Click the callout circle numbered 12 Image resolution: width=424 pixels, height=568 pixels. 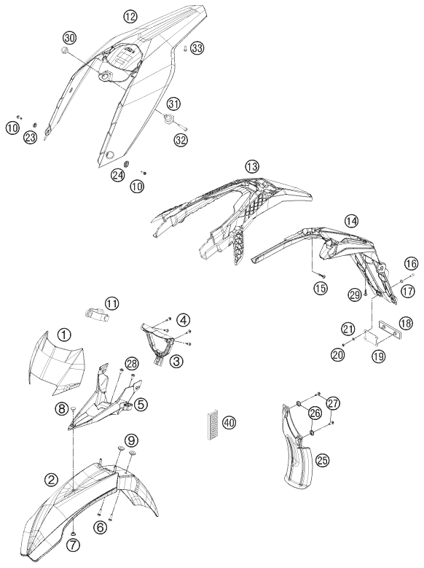pyautogui.click(x=130, y=16)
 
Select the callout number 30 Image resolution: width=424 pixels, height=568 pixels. pyautogui.click(x=69, y=37)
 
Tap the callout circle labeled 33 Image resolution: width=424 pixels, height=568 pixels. pyautogui.click(x=197, y=48)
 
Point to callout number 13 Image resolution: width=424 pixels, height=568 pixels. pyautogui.click(x=251, y=167)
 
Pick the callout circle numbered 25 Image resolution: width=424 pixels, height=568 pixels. pyautogui.click(x=323, y=460)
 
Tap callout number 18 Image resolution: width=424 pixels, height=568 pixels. pyautogui.click(x=406, y=323)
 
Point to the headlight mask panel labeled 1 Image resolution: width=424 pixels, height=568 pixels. pyautogui.click(x=56, y=363)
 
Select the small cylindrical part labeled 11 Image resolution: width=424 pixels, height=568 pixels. pyautogui.click(x=97, y=312)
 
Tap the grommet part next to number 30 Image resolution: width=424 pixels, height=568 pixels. pyautogui.click(x=64, y=50)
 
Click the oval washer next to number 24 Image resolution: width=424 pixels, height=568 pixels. pyautogui.click(x=127, y=164)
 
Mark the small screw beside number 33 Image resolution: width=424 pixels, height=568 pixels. pyautogui.click(x=184, y=48)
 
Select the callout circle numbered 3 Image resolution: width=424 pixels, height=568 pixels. pyautogui.click(x=178, y=360)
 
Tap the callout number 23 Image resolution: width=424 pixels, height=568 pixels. pyautogui.click(x=31, y=137)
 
